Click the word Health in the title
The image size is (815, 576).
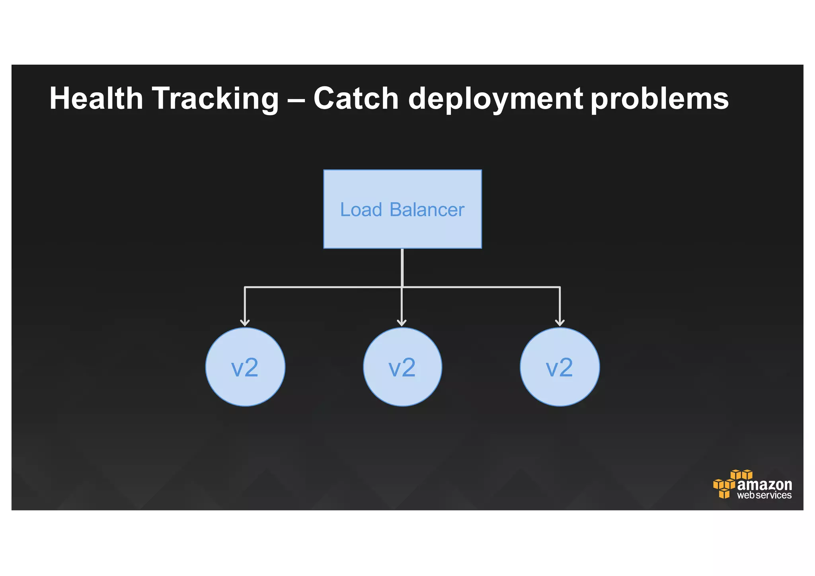pos(96,98)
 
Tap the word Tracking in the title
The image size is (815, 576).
pos(215,99)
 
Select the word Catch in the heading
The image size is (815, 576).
pos(356,98)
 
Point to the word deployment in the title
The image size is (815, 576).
pos(495,99)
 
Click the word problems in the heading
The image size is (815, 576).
pos(659,99)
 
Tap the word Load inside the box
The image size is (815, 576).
pos(361,209)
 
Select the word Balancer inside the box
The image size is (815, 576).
pos(427,209)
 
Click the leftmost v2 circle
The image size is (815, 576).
pos(245,367)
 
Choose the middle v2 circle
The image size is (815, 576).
pos(402,367)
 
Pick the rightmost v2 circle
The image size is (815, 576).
pos(560,367)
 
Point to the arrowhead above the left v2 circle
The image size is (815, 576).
pos(245,322)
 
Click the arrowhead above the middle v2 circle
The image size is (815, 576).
pos(402,322)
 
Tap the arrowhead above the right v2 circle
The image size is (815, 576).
pos(560,322)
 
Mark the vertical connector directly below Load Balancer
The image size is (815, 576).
pos(402,267)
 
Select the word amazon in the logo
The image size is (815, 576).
pos(764,484)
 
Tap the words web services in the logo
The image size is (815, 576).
pos(764,496)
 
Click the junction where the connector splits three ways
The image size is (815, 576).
pos(402,287)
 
